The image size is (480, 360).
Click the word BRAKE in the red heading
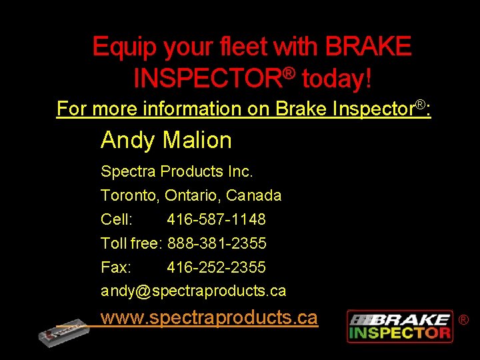point(368,47)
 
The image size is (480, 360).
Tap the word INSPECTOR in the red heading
point(207,79)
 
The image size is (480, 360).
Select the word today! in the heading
point(337,79)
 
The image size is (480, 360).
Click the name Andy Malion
point(166,140)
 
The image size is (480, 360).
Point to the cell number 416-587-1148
point(216,219)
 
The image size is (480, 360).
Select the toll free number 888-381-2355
point(217,243)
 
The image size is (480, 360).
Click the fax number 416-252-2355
point(216,267)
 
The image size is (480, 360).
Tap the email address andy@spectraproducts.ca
point(193,291)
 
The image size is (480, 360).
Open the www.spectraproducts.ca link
point(209,317)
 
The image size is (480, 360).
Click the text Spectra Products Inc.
point(177,171)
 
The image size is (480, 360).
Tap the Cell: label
point(117,219)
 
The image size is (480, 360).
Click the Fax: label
point(116,267)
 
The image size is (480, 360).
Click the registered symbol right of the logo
point(463,320)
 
